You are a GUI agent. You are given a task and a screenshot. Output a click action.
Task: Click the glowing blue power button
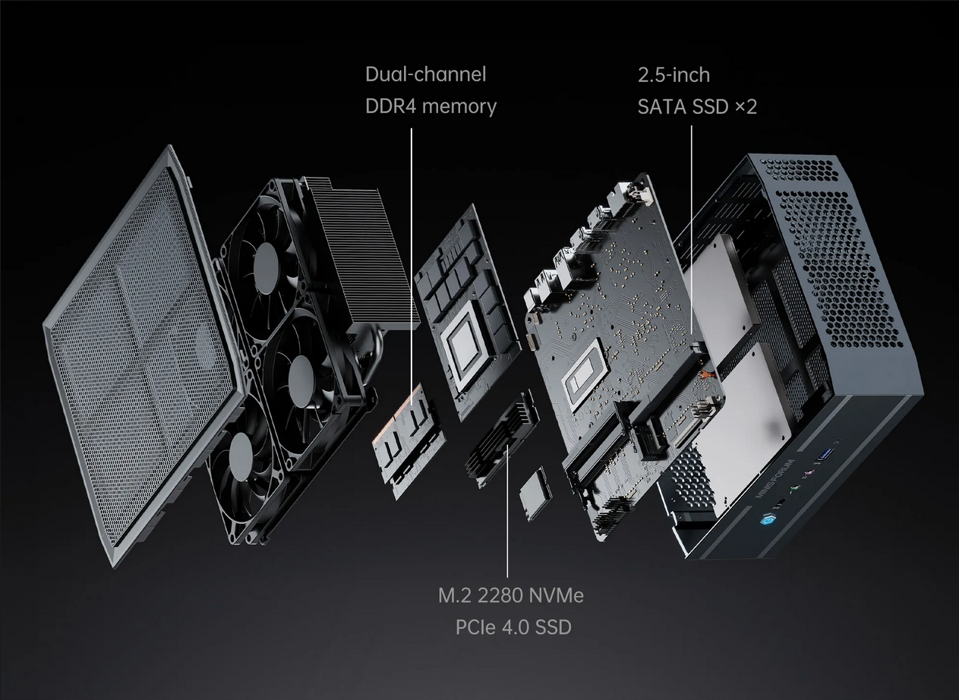[764, 520]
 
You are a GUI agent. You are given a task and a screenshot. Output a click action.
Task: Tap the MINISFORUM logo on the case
[775, 478]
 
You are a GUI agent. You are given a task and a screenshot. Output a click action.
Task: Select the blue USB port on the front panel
[826, 454]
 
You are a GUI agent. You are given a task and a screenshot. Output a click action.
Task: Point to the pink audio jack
[808, 474]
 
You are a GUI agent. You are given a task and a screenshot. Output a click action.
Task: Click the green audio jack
[794, 487]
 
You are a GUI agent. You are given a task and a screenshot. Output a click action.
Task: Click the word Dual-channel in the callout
[425, 74]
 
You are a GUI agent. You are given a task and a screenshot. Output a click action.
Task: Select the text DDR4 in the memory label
[390, 106]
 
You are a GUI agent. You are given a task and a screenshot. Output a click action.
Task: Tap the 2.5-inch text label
[674, 75]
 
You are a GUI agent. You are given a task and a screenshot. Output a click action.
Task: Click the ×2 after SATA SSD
[746, 106]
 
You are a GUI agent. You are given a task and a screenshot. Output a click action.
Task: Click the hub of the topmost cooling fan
[266, 263]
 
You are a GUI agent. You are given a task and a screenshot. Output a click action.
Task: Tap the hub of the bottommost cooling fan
[240, 454]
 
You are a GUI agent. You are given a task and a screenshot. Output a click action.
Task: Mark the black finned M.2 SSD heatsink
[501, 440]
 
